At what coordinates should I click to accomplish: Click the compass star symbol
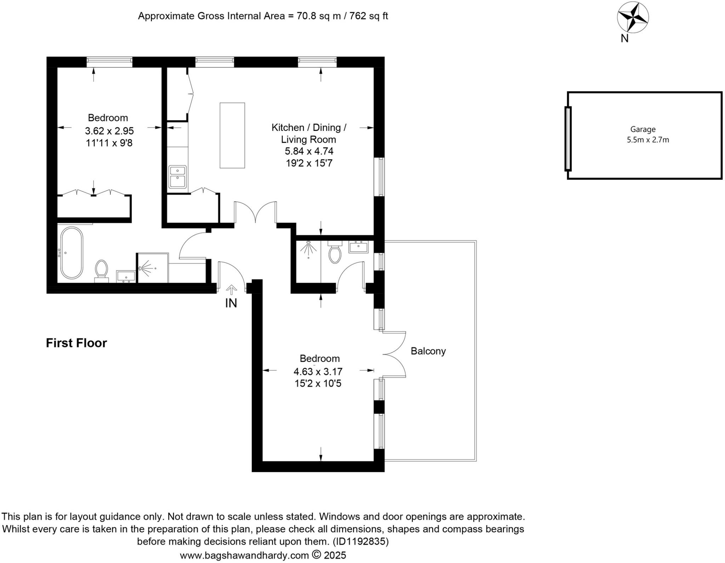point(633,17)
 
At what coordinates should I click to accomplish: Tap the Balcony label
point(428,351)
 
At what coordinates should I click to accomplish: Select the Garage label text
point(643,129)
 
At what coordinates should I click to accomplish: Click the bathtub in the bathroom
point(72,253)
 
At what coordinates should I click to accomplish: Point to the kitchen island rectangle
point(232,135)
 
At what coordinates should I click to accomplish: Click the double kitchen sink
point(178,177)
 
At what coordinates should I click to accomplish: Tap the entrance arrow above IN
point(232,290)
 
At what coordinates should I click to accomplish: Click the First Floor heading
point(76,343)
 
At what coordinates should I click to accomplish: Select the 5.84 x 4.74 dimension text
point(309,151)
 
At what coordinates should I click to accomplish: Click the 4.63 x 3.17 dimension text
point(318,372)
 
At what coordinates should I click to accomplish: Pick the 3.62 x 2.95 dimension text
point(109,131)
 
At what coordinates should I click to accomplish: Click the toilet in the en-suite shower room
point(335,253)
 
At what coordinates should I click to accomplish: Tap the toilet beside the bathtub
point(102,271)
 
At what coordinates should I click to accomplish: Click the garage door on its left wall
point(568,139)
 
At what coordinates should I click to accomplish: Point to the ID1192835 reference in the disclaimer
point(360,541)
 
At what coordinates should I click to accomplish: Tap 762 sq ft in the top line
point(369,16)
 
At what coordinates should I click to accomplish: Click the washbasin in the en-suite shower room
point(358,246)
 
